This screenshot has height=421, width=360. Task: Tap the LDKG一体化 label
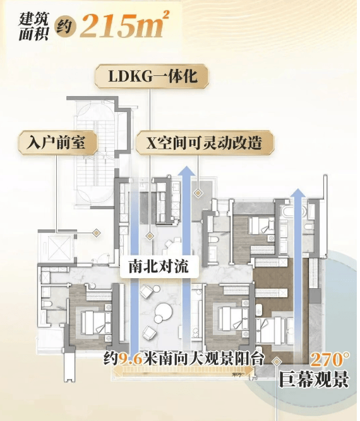coord(153,76)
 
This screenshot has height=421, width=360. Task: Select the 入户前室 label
coord(56,143)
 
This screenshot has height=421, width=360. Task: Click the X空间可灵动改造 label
coord(204,143)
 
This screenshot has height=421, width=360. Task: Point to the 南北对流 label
coord(159,266)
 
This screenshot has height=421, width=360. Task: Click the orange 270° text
coord(330,360)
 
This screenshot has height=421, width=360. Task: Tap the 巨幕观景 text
coord(314,379)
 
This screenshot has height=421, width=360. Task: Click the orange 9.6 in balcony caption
coord(130,358)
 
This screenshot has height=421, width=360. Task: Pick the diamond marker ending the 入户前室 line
coord(96,233)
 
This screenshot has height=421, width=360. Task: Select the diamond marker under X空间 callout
coord(198,193)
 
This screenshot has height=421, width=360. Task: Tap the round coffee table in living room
coord(164,311)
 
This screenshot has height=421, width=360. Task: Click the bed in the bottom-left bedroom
coord(96,323)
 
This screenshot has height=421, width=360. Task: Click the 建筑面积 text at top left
coord(33,27)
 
